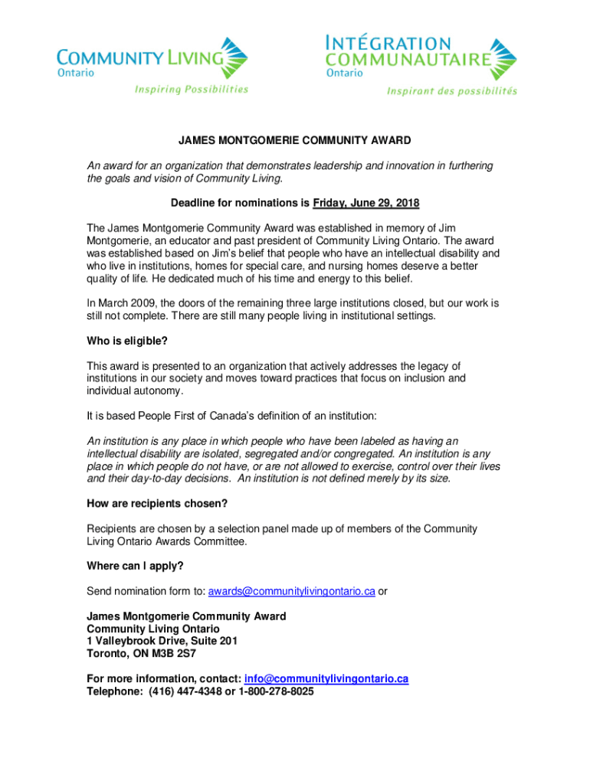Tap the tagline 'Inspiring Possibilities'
pyautogui.click(x=192, y=90)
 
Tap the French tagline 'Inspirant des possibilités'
pyautogui.click(x=451, y=91)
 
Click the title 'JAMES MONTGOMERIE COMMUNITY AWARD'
pyautogui.click(x=295, y=141)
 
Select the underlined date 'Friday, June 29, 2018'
pyautogui.click(x=366, y=203)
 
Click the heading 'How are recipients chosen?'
pyautogui.click(x=156, y=503)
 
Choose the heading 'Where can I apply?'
pyautogui.click(x=135, y=566)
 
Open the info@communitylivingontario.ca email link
pyautogui.click(x=326, y=679)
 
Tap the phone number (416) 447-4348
pyautogui.click(x=179, y=691)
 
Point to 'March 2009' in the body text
pyautogui.click(x=126, y=303)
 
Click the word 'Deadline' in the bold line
pyautogui.click(x=195, y=203)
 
